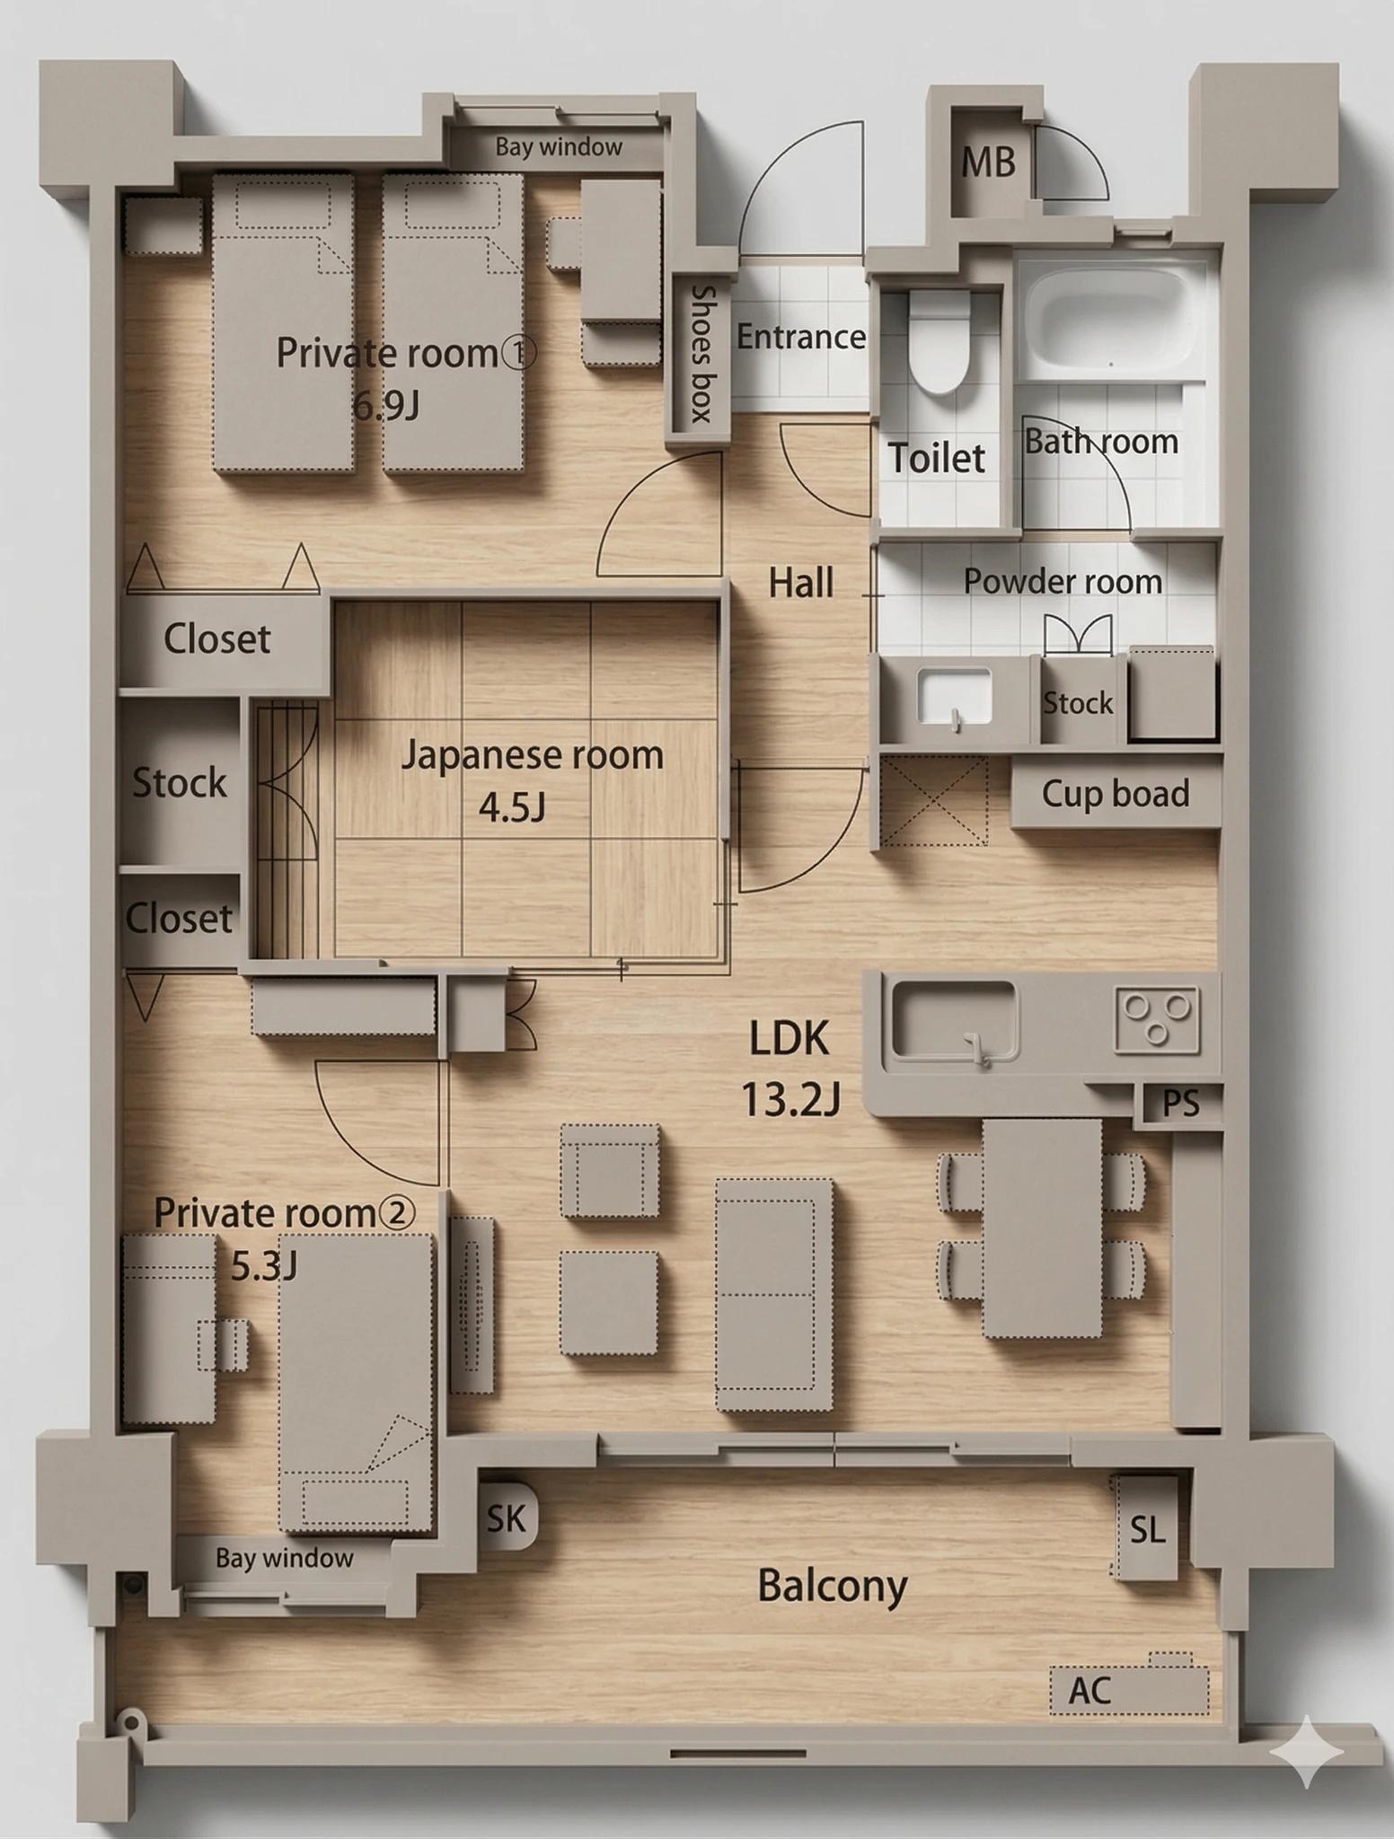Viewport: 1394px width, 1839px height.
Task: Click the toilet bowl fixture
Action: click(940, 341)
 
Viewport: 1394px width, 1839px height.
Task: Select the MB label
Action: click(988, 163)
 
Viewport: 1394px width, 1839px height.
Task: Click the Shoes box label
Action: click(701, 354)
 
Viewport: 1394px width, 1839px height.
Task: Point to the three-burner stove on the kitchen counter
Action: click(1158, 1020)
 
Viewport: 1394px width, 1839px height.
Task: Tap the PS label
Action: click(1180, 1104)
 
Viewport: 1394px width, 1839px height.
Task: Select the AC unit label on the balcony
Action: click(1090, 1691)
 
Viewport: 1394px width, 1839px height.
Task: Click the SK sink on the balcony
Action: click(507, 1518)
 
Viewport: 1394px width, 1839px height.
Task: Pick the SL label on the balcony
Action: click(1148, 1529)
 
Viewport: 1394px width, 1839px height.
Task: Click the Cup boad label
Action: click(1116, 794)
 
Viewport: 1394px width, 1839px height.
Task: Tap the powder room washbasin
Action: click(954, 698)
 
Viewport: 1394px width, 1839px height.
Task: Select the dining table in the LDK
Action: click(1042, 1228)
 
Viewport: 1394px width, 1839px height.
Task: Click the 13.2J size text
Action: click(790, 1099)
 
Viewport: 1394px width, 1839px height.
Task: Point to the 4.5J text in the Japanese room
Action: click(512, 808)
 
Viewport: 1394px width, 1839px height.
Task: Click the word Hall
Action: click(801, 584)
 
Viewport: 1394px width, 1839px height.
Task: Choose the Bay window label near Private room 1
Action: click(559, 147)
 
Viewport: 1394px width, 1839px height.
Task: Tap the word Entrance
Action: click(801, 338)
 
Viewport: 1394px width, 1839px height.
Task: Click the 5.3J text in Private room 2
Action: click(264, 1265)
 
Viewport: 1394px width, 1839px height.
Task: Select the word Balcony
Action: click(833, 1586)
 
